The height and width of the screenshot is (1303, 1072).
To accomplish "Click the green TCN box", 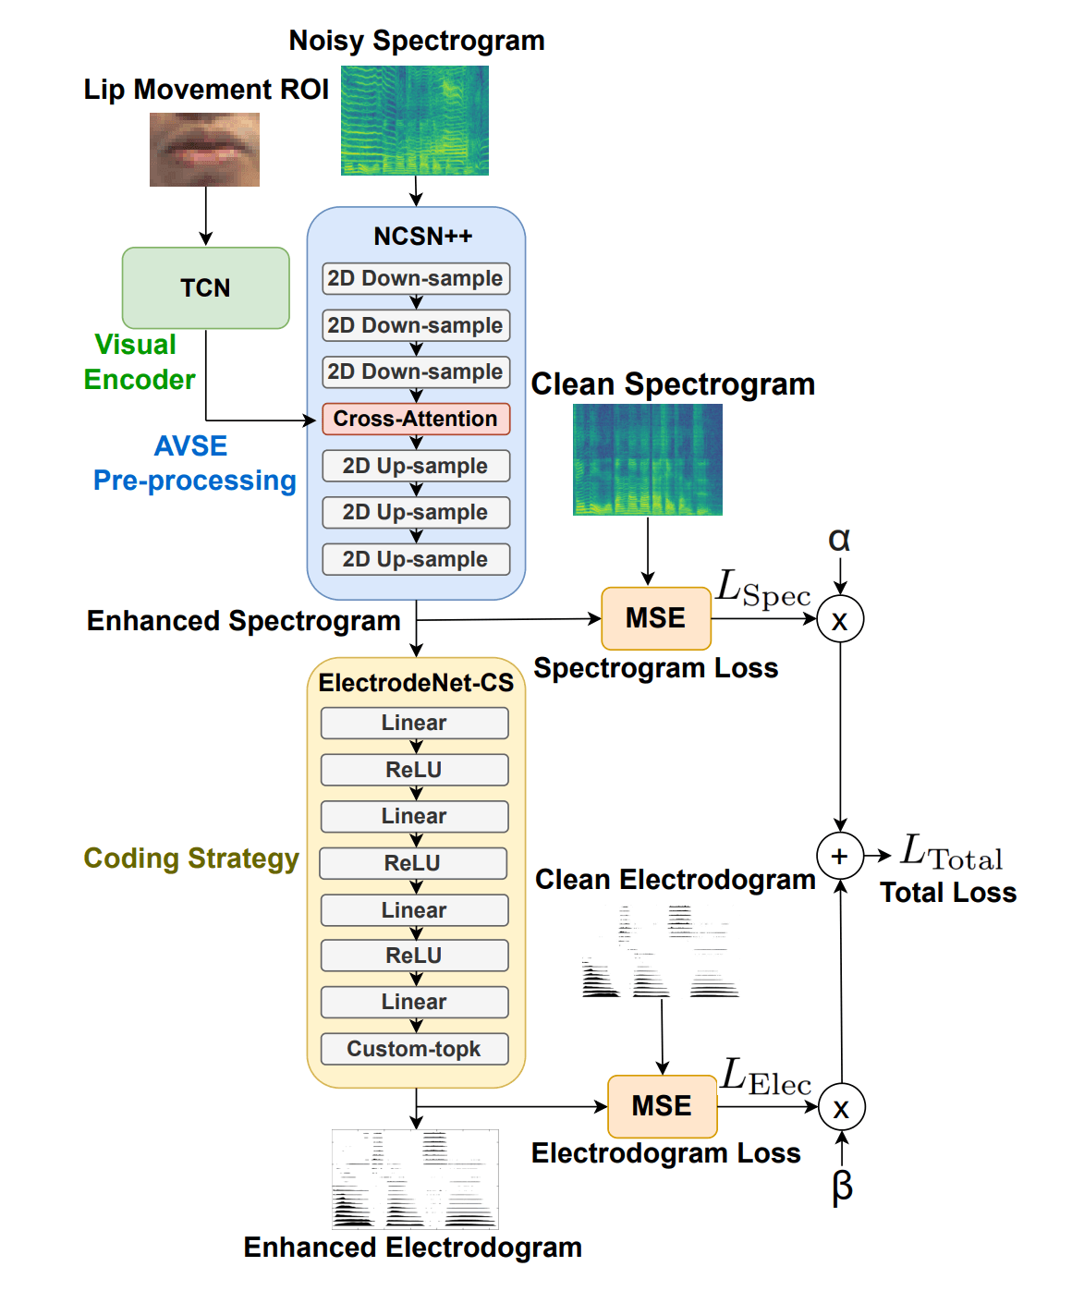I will (205, 287).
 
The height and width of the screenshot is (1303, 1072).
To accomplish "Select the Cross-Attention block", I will (416, 419).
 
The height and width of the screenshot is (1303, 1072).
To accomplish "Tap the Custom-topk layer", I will (414, 1049).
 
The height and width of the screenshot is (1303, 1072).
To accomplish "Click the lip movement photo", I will (204, 150).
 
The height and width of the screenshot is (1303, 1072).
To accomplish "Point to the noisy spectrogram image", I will (415, 120).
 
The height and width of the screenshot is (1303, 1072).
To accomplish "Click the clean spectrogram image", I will (647, 459).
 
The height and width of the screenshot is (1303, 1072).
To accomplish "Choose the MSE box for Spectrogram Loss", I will (655, 618).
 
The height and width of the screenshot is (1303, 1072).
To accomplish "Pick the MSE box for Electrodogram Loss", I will (662, 1106).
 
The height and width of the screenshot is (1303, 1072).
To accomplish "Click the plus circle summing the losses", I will (839, 856).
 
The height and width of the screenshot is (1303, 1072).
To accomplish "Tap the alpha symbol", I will (839, 539).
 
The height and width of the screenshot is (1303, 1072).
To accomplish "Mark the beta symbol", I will (842, 1186).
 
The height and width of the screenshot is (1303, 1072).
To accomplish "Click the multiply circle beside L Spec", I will (840, 619).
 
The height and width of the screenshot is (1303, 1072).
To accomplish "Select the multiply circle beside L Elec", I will (841, 1107).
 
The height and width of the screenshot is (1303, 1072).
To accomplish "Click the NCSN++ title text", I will (422, 237).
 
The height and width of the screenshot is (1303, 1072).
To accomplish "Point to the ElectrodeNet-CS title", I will (416, 683).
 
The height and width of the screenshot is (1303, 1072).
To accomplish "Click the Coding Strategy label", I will (191, 859).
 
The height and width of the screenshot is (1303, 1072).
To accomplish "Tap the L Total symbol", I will (951, 852).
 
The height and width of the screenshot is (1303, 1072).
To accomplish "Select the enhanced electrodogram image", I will (415, 1179).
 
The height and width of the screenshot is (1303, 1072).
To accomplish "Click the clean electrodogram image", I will (660, 952).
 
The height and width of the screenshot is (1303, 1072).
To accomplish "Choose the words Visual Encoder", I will (139, 362).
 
